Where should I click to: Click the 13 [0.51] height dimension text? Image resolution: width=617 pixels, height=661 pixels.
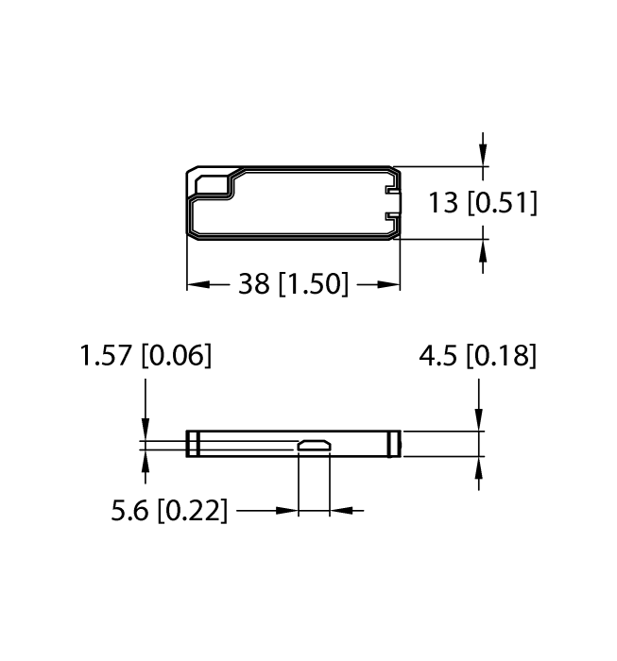click(x=482, y=203)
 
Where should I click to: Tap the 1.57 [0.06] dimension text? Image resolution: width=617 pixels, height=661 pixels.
click(x=146, y=356)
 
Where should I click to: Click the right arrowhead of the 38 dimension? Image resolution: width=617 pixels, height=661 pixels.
click(x=389, y=283)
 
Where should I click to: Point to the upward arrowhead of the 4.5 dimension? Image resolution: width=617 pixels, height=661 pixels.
click(x=480, y=467)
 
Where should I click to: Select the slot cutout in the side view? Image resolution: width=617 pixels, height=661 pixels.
click(x=314, y=445)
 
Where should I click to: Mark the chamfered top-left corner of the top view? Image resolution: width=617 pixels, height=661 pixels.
click(x=192, y=173)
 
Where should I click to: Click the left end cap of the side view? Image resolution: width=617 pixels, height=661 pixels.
click(x=192, y=444)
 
